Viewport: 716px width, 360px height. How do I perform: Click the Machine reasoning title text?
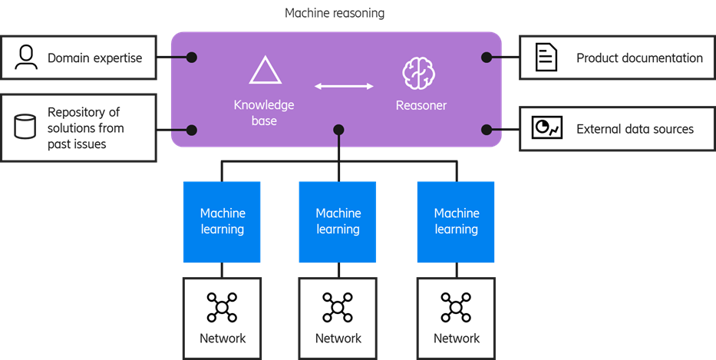click(x=335, y=14)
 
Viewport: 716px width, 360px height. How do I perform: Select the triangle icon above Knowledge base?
click(x=265, y=71)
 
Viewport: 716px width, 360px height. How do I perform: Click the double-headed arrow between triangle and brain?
click(x=344, y=86)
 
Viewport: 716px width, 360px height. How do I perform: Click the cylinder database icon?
click(x=25, y=127)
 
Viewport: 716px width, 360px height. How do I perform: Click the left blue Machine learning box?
click(x=222, y=221)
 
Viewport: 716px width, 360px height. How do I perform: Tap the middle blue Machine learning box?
click(x=338, y=221)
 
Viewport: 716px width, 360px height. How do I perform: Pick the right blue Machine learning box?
click(x=456, y=221)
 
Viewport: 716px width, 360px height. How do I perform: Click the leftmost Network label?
click(x=223, y=338)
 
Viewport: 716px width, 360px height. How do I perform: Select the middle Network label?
click(x=338, y=338)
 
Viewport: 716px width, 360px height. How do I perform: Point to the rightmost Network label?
click(x=457, y=338)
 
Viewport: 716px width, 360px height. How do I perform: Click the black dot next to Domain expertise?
click(x=192, y=57)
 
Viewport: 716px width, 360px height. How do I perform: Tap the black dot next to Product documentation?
click(x=486, y=57)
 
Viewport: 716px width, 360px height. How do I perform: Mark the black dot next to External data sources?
click(x=486, y=129)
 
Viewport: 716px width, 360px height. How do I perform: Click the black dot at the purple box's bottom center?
click(x=338, y=130)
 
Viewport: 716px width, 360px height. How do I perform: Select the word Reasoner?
click(x=421, y=105)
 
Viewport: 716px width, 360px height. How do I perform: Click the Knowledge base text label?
click(x=264, y=113)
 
